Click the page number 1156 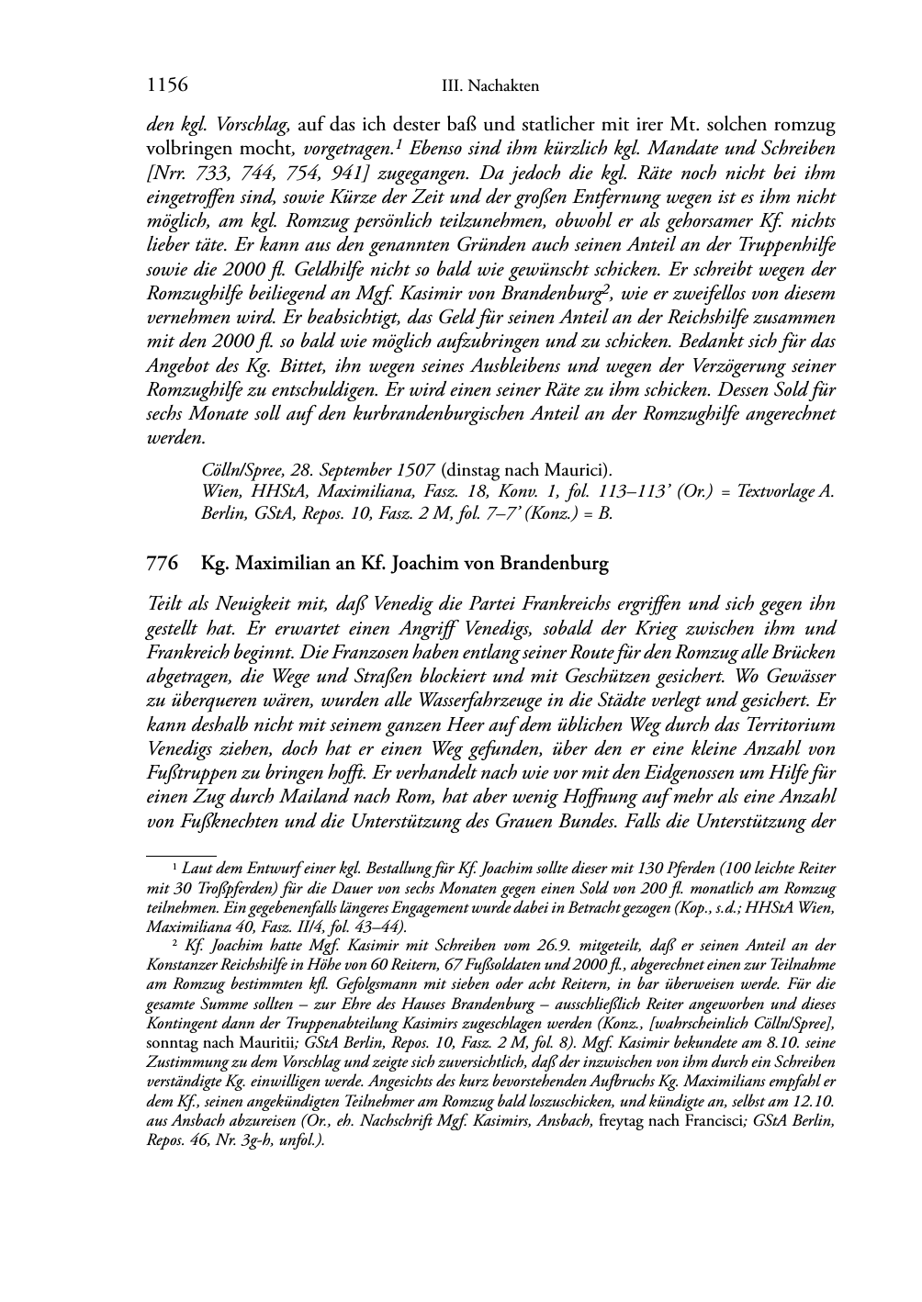click(167, 86)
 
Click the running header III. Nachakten click(490, 86)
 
